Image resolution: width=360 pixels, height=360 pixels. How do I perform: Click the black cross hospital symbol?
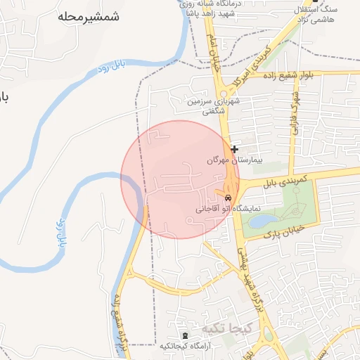[234, 149]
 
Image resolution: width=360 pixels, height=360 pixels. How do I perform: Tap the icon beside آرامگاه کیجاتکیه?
[185, 336]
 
